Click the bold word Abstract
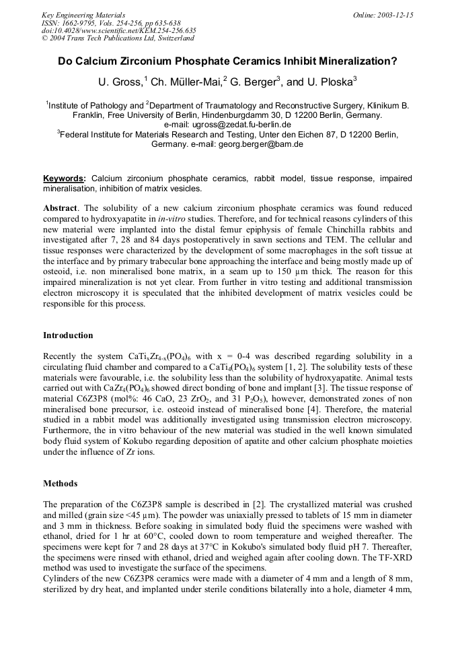click(x=61, y=208)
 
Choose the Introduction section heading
click(x=69, y=335)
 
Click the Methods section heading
click(x=61, y=483)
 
